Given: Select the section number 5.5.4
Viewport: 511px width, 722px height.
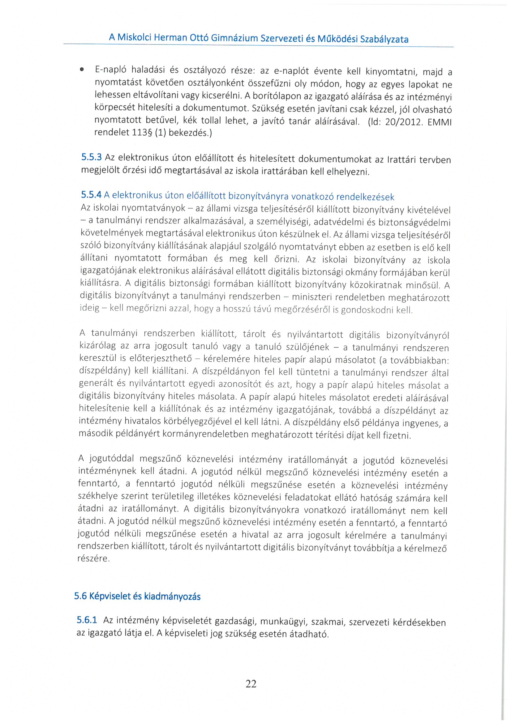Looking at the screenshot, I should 91,195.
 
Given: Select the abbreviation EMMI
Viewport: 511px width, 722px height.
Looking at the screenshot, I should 440,122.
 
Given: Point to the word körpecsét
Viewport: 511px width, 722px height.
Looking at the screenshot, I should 110,108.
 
